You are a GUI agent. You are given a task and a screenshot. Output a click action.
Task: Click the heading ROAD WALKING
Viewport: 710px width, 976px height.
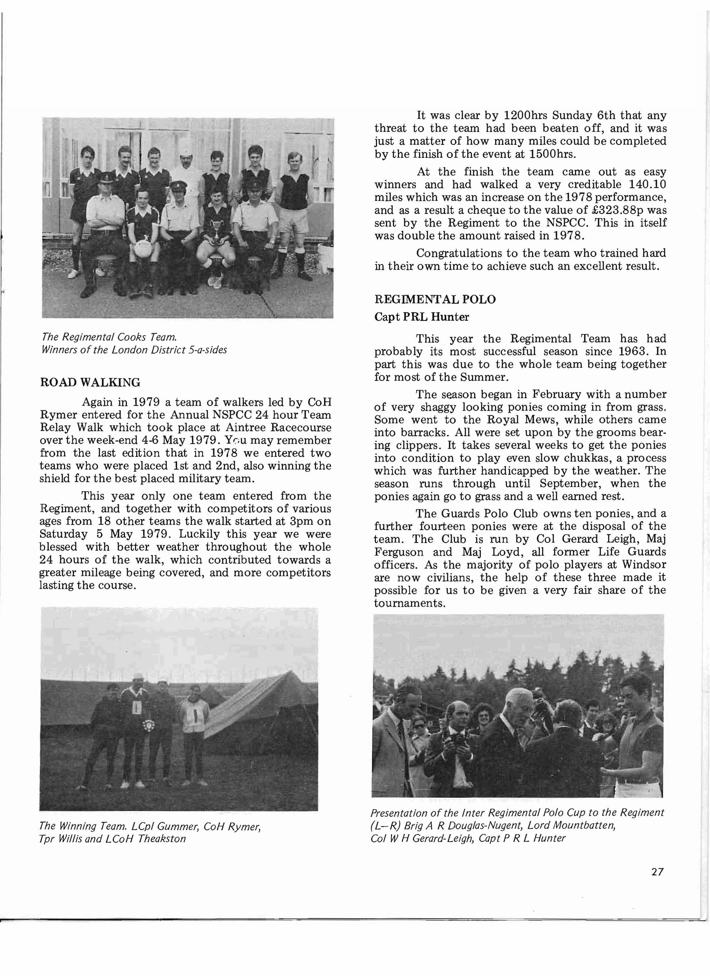[90, 383]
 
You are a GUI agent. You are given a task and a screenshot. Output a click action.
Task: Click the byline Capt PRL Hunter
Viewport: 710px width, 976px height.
[422, 317]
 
